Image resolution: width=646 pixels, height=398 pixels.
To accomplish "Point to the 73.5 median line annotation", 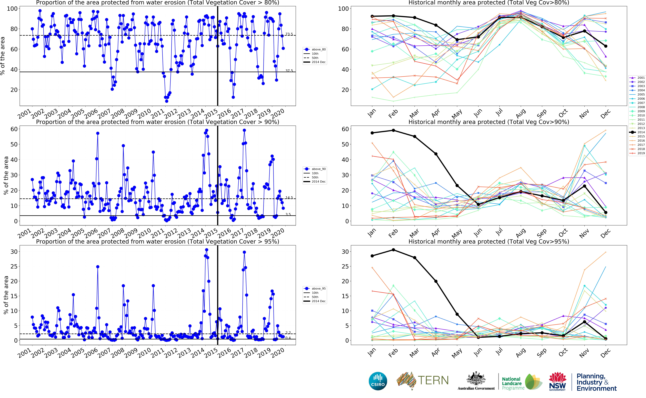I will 289,34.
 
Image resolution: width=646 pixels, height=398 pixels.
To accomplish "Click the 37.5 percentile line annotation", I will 289,71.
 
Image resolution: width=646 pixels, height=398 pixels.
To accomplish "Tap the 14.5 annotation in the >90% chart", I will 289,198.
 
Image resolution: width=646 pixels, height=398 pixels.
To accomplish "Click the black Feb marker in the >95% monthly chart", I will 393,250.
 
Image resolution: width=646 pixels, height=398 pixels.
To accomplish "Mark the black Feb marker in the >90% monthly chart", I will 393,130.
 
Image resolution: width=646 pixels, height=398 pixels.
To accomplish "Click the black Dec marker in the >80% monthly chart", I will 606,46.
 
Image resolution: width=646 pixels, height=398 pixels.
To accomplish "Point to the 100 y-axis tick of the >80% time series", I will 12,9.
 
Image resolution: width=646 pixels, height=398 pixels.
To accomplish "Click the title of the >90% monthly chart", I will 489,122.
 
